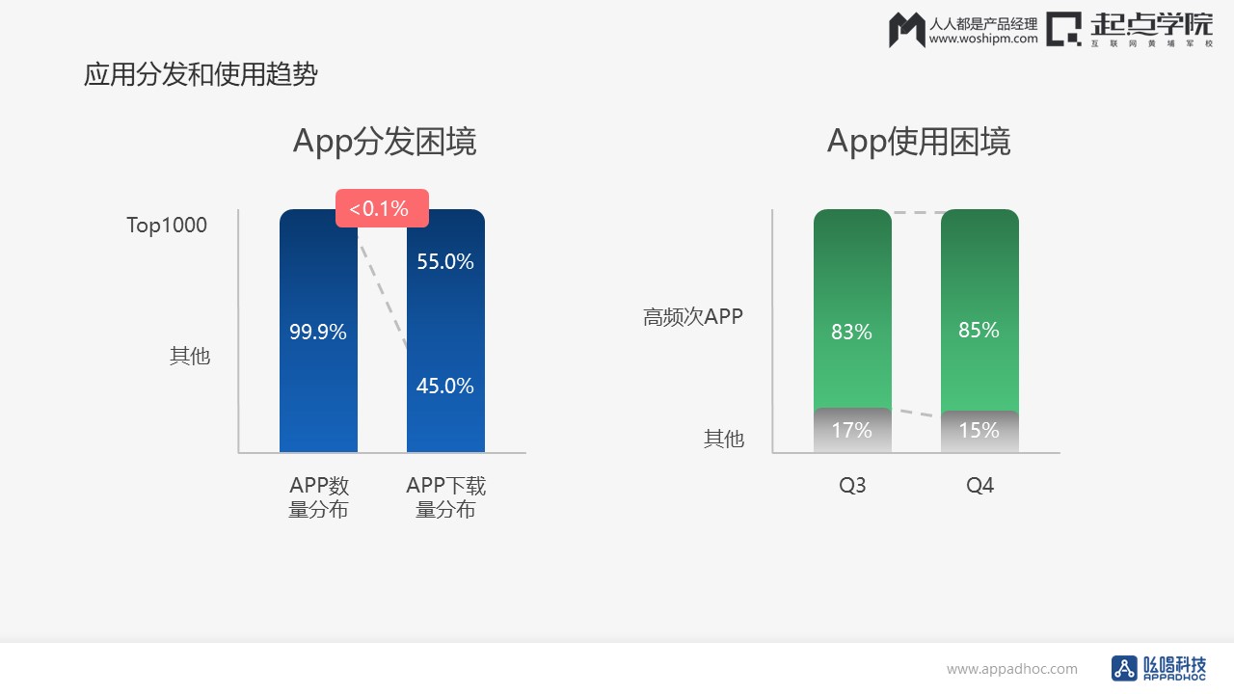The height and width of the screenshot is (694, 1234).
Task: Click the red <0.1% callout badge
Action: [382, 208]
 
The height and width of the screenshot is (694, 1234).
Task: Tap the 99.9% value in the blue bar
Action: [318, 332]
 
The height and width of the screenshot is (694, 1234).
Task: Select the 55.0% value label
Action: [445, 261]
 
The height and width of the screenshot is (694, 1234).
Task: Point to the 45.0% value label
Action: [445, 386]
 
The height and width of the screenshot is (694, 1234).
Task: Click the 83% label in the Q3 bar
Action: [851, 332]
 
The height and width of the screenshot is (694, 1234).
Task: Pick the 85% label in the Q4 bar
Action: [979, 330]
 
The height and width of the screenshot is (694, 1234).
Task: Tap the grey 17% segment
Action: [852, 430]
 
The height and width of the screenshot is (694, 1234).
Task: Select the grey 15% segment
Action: [979, 431]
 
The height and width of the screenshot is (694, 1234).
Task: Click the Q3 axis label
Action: [852, 485]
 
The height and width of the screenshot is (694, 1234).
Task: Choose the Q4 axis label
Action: [980, 485]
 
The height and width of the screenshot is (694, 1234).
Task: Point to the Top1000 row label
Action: [167, 226]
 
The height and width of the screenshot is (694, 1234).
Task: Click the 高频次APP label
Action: [693, 317]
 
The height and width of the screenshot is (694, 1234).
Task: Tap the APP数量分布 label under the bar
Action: [318, 497]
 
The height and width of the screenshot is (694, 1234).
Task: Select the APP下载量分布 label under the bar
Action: [445, 497]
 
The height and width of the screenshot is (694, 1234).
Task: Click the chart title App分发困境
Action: [385, 142]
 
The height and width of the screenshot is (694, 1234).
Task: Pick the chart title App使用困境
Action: [919, 142]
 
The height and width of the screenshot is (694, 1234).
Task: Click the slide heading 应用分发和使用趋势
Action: [201, 74]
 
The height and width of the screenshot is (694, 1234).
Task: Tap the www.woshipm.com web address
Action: [983, 39]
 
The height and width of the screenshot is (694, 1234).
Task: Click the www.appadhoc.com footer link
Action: [1012, 669]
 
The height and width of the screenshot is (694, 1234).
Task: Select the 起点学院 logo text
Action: [1152, 25]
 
